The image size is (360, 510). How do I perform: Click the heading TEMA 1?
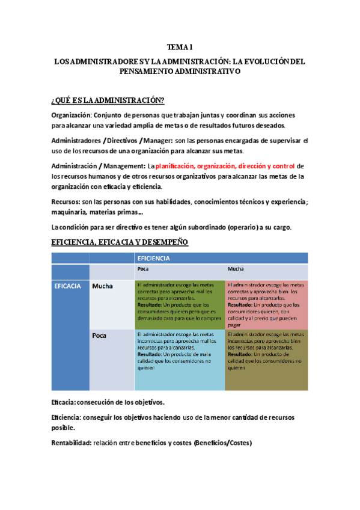179,46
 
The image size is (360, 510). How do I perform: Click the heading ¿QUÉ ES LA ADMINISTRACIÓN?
108,100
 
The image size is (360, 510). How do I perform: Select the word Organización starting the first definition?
70,115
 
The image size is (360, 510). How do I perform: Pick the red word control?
283,166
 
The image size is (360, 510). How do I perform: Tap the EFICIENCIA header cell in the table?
154,258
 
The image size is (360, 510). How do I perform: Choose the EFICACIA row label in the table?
69,286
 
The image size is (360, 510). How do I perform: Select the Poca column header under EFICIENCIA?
144,269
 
